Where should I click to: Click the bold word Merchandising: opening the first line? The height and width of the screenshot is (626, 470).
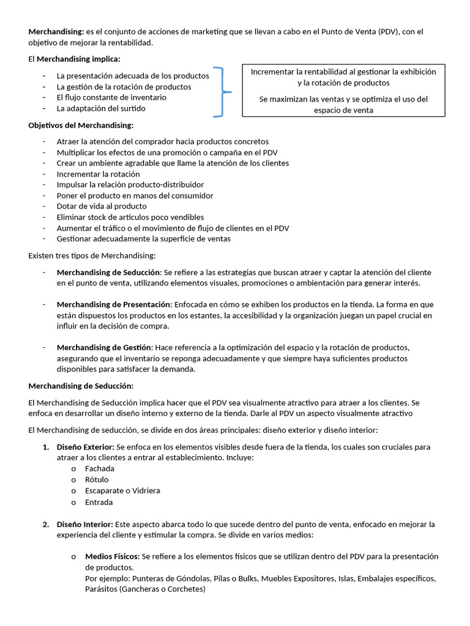pyautogui.click(x=53, y=32)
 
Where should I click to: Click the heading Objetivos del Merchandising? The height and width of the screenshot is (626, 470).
pyautogui.click(x=81, y=125)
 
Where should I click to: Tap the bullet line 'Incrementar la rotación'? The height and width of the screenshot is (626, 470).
pyautogui.click(x=98, y=174)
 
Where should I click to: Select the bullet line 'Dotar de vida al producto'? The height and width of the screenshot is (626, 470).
pyautogui.click(x=102, y=206)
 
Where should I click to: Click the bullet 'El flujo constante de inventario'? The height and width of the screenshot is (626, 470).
pyautogui.click(x=111, y=97)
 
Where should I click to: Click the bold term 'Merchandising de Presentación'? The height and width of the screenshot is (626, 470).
pyautogui.click(x=113, y=304)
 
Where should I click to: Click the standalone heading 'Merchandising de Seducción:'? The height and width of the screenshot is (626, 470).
pyautogui.click(x=81, y=386)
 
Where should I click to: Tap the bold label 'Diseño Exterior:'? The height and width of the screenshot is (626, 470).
pyautogui.click(x=85, y=447)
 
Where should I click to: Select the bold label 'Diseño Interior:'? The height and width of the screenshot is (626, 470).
pyautogui.click(x=84, y=525)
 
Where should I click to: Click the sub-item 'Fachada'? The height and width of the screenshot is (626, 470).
pyautogui.click(x=100, y=468)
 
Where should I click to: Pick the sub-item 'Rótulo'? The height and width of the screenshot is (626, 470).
pyautogui.click(x=97, y=479)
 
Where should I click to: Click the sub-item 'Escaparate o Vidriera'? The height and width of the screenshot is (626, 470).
pyautogui.click(x=122, y=490)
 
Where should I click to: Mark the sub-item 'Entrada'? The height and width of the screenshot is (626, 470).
pyautogui.click(x=99, y=502)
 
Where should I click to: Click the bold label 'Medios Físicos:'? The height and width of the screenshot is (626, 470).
pyautogui.click(x=112, y=556)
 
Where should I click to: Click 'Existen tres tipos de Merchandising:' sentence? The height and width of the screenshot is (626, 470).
pyautogui.click(x=92, y=255)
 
